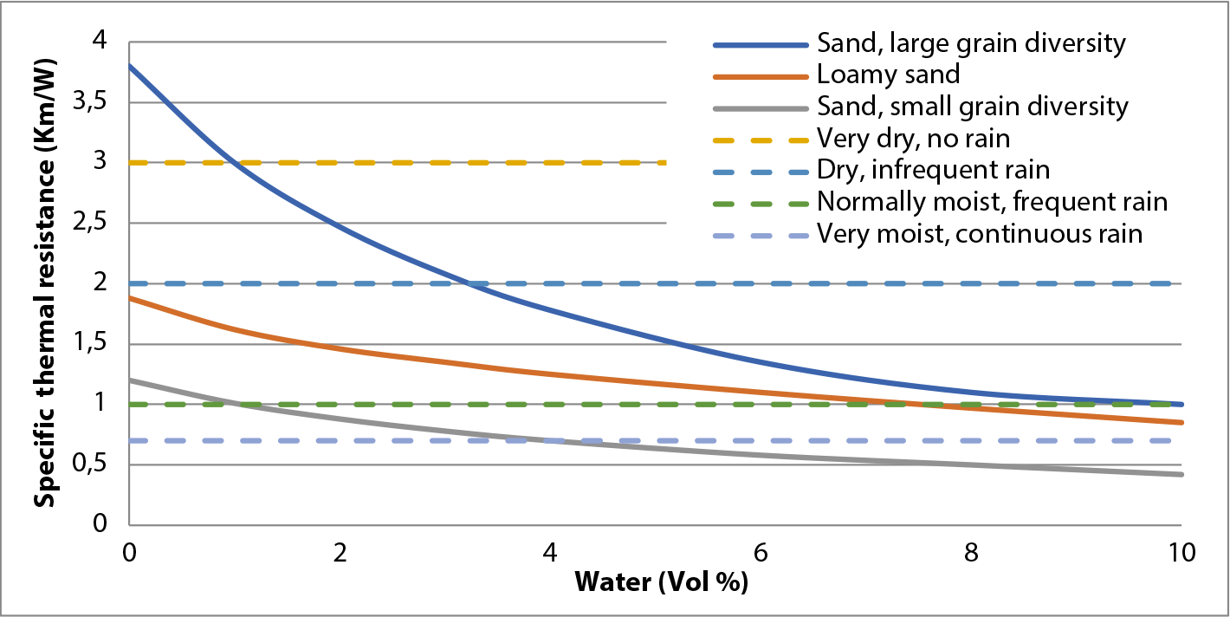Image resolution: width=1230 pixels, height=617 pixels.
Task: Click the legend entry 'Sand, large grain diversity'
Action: (971, 43)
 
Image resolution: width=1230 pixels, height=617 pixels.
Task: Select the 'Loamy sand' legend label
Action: (888, 75)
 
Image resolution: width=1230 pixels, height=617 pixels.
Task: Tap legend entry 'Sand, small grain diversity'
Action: (973, 107)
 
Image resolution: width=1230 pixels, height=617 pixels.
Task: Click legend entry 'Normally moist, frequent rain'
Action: (993, 202)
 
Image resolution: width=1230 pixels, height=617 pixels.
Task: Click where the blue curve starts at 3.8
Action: (130, 66)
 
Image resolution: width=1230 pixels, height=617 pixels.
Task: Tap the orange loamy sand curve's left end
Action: (130, 298)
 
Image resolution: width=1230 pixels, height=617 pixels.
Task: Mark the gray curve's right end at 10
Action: (1181, 474)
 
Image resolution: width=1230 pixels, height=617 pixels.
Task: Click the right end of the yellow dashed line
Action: (664, 162)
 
